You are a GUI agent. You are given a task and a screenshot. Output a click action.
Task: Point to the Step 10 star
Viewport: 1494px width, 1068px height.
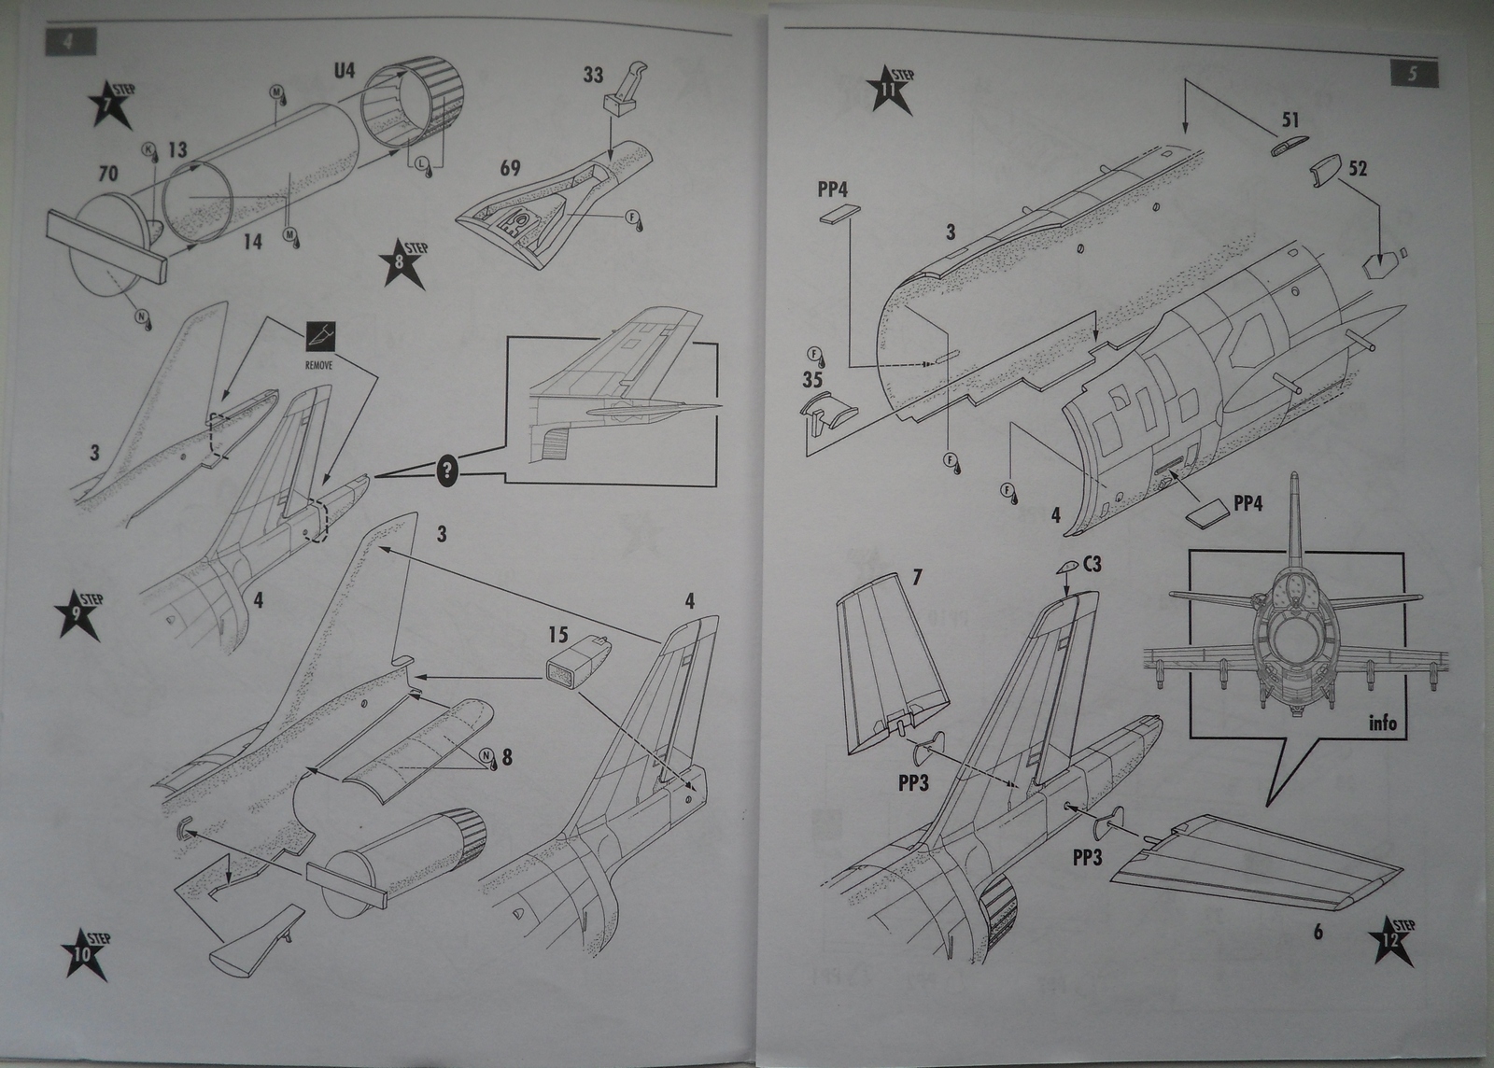pyautogui.click(x=84, y=955)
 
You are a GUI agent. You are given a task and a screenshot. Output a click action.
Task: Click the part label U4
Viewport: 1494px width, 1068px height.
pyautogui.click(x=345, y=71)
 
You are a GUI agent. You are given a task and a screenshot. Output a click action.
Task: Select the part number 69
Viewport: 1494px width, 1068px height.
pyautogui.click(x=510, y=169)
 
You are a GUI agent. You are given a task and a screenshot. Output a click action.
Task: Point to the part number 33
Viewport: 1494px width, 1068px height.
pyautogui.click(x=594, y=75)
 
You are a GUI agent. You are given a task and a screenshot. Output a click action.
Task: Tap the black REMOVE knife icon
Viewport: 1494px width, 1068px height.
pyautogui.click(x=319, y=338)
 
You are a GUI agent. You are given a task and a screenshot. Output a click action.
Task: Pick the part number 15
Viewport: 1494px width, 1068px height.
pyautogui.click(x=557, y=636)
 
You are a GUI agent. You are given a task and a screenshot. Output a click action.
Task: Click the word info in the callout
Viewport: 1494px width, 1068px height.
pyautogui.click(x=1382, y=723)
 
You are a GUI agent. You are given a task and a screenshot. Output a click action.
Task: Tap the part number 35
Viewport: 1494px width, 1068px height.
pyautogui.click(x=812, y=380)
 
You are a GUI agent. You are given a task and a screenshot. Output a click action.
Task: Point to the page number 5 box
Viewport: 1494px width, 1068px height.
pyautogui.click(x=1413, y=75)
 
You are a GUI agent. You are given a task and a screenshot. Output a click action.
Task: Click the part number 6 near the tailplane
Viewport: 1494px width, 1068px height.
pyautogui.click(x=1318, y=932)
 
